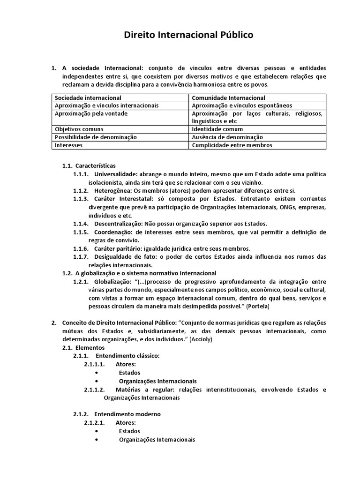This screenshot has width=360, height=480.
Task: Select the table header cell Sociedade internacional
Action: (x=88, y=98)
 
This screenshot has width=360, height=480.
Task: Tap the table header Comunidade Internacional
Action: (x=228, y=98)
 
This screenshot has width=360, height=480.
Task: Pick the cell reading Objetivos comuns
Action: (x=79, y=129)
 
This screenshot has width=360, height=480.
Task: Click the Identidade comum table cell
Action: (x=217, y=129)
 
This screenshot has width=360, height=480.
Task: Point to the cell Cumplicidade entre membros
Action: (x=232, y=145)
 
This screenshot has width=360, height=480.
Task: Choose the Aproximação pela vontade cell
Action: (x=91, y=114)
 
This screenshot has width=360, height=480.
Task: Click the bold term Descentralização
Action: (x=118, y=223)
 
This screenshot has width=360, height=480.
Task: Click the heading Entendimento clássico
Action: (x=127, y=356)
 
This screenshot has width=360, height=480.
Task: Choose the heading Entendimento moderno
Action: (x=127, y=414)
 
